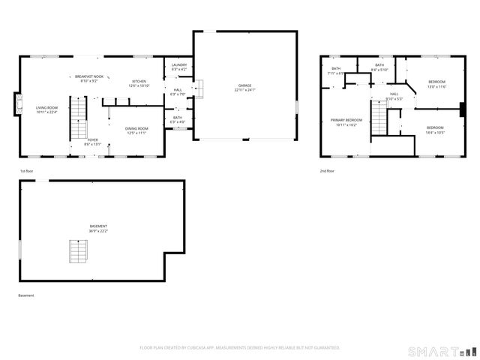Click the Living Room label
coord(46,109)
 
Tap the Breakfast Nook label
coord(89,78)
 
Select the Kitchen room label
coord(139,83)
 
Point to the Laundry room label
coord(179,67)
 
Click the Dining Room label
coord(137,130)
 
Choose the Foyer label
coord(92,141)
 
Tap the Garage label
coord(245,88)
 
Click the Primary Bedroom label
coord(346,122)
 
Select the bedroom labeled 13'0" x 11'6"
coord(436,83)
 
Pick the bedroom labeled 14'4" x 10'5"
coord(436,130)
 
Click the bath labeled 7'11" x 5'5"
coord(335,71)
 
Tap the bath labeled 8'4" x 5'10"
coord(379,67)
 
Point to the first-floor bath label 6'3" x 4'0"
coord(178,118)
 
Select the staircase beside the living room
coord(79,118)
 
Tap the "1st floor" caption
coord(27,172)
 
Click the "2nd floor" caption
coord(328,172)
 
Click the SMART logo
coord(442,351)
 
